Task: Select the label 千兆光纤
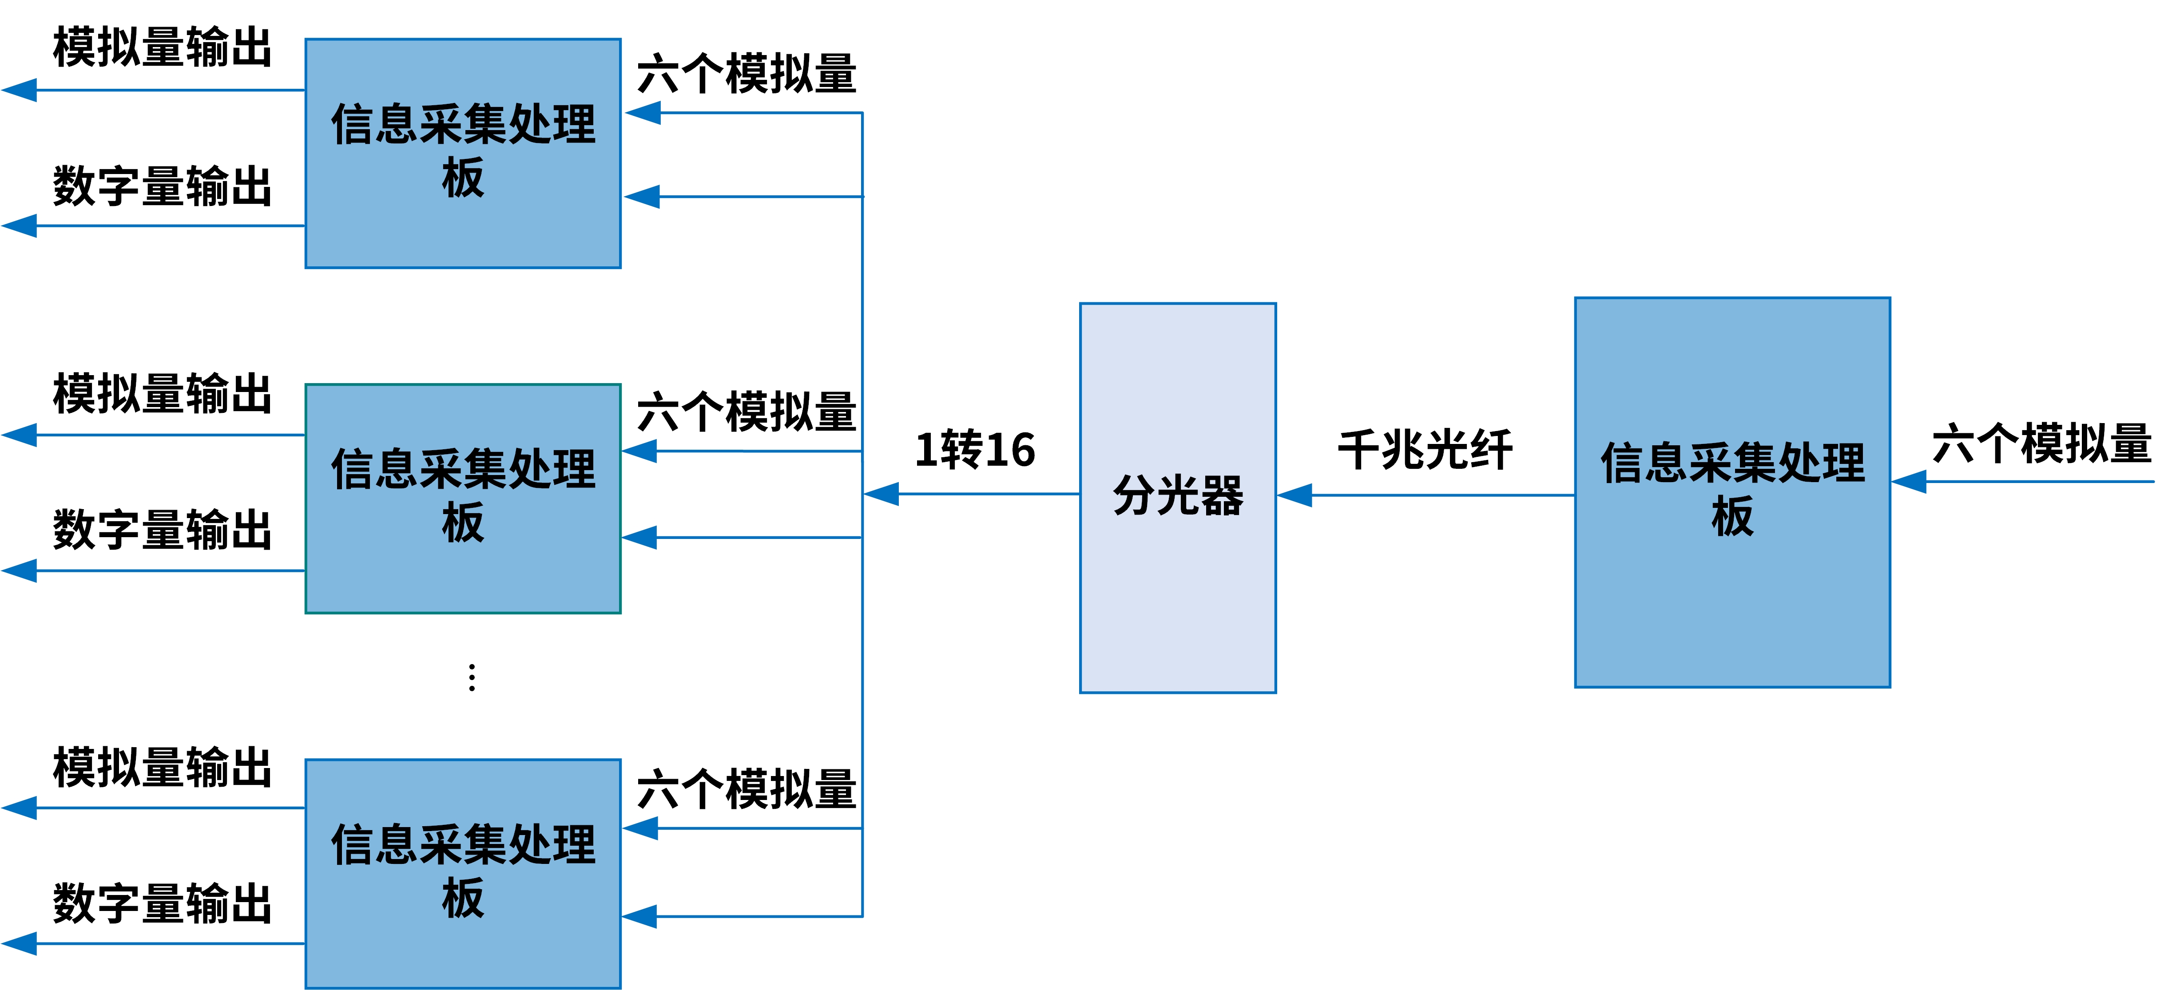point(1425,449)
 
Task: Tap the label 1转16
point(976,449)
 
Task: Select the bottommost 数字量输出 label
point(162,904)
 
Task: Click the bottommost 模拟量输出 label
point(162,767)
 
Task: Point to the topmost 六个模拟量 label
point(747,74)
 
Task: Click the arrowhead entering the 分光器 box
point(1294,495)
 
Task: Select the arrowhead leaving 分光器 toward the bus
point(882,494)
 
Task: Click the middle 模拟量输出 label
point(162,394)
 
